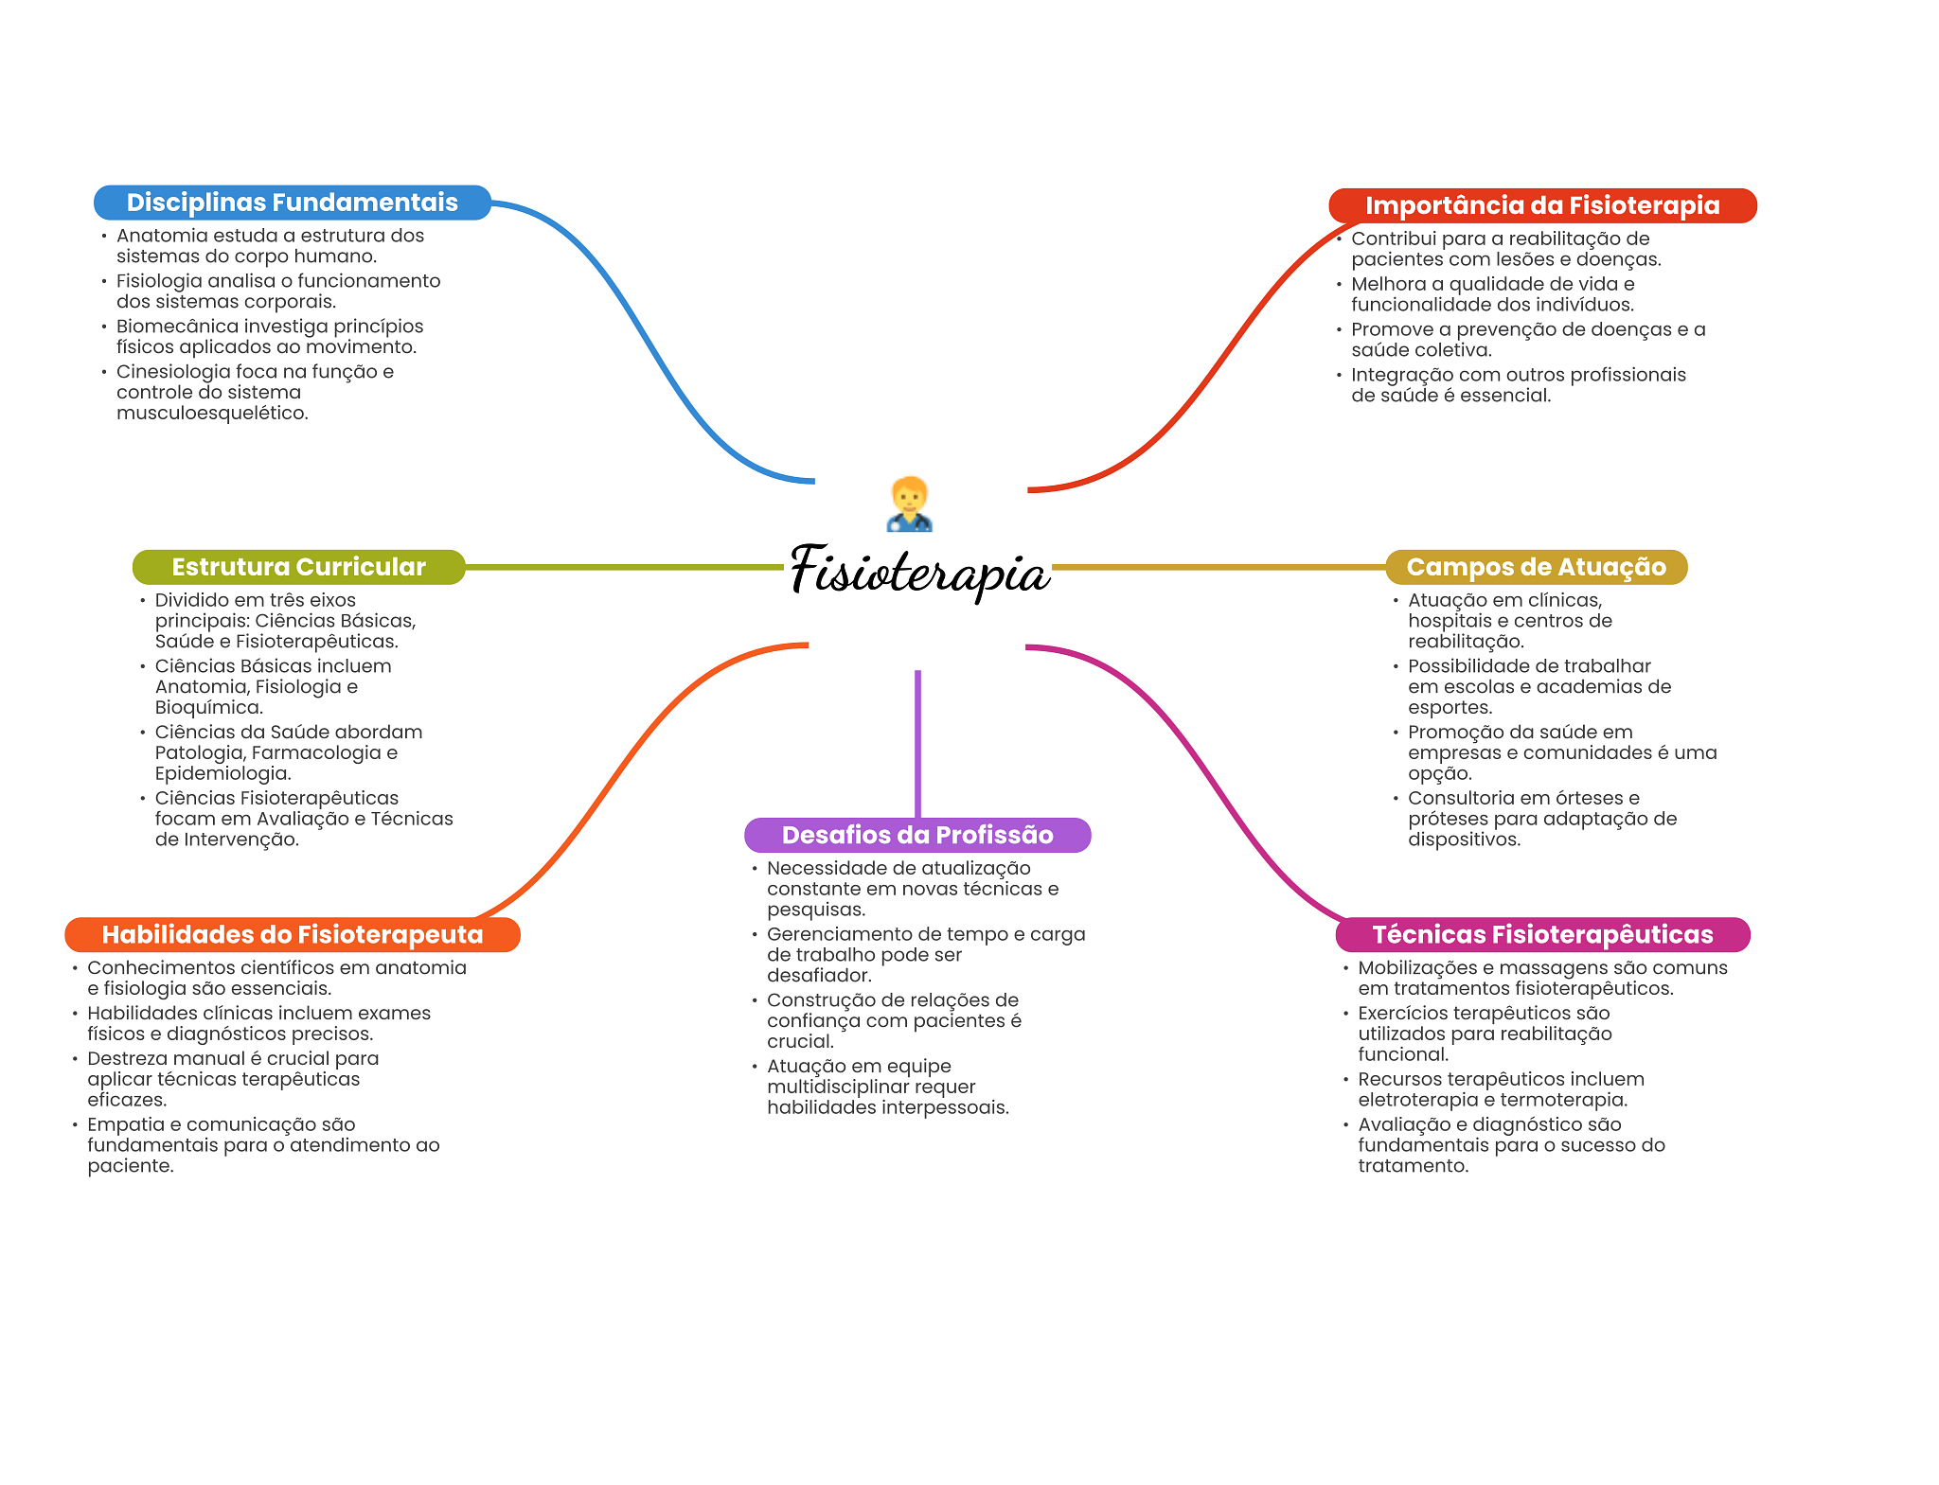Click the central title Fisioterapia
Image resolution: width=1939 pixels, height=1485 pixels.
click(919, 571)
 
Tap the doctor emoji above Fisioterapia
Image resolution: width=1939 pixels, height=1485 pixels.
click(910, 504)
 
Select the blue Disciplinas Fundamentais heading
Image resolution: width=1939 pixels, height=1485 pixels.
click(293, 203)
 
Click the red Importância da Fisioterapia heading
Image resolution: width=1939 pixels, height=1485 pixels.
click(1542, 205)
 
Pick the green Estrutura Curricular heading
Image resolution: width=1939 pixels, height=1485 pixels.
click(299, 567)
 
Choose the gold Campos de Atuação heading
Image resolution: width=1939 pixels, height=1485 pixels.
click(1537, 567)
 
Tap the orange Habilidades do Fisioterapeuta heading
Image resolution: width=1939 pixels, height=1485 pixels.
click(293, 935)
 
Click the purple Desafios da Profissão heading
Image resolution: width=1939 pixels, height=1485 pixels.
click(917, 835)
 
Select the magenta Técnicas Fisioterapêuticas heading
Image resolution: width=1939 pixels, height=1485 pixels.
click(1542, 935)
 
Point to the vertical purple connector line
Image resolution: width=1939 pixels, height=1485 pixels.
click(917, 744)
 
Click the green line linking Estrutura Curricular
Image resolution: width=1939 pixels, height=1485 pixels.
click(625, 567)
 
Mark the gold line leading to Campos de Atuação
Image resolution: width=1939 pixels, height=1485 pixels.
click(1219, 567)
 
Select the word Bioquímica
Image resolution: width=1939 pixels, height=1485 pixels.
click(209, 708)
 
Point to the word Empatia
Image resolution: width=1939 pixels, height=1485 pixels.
click(125, 1125)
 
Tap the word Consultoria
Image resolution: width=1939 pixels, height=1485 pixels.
click(1461, 798)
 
